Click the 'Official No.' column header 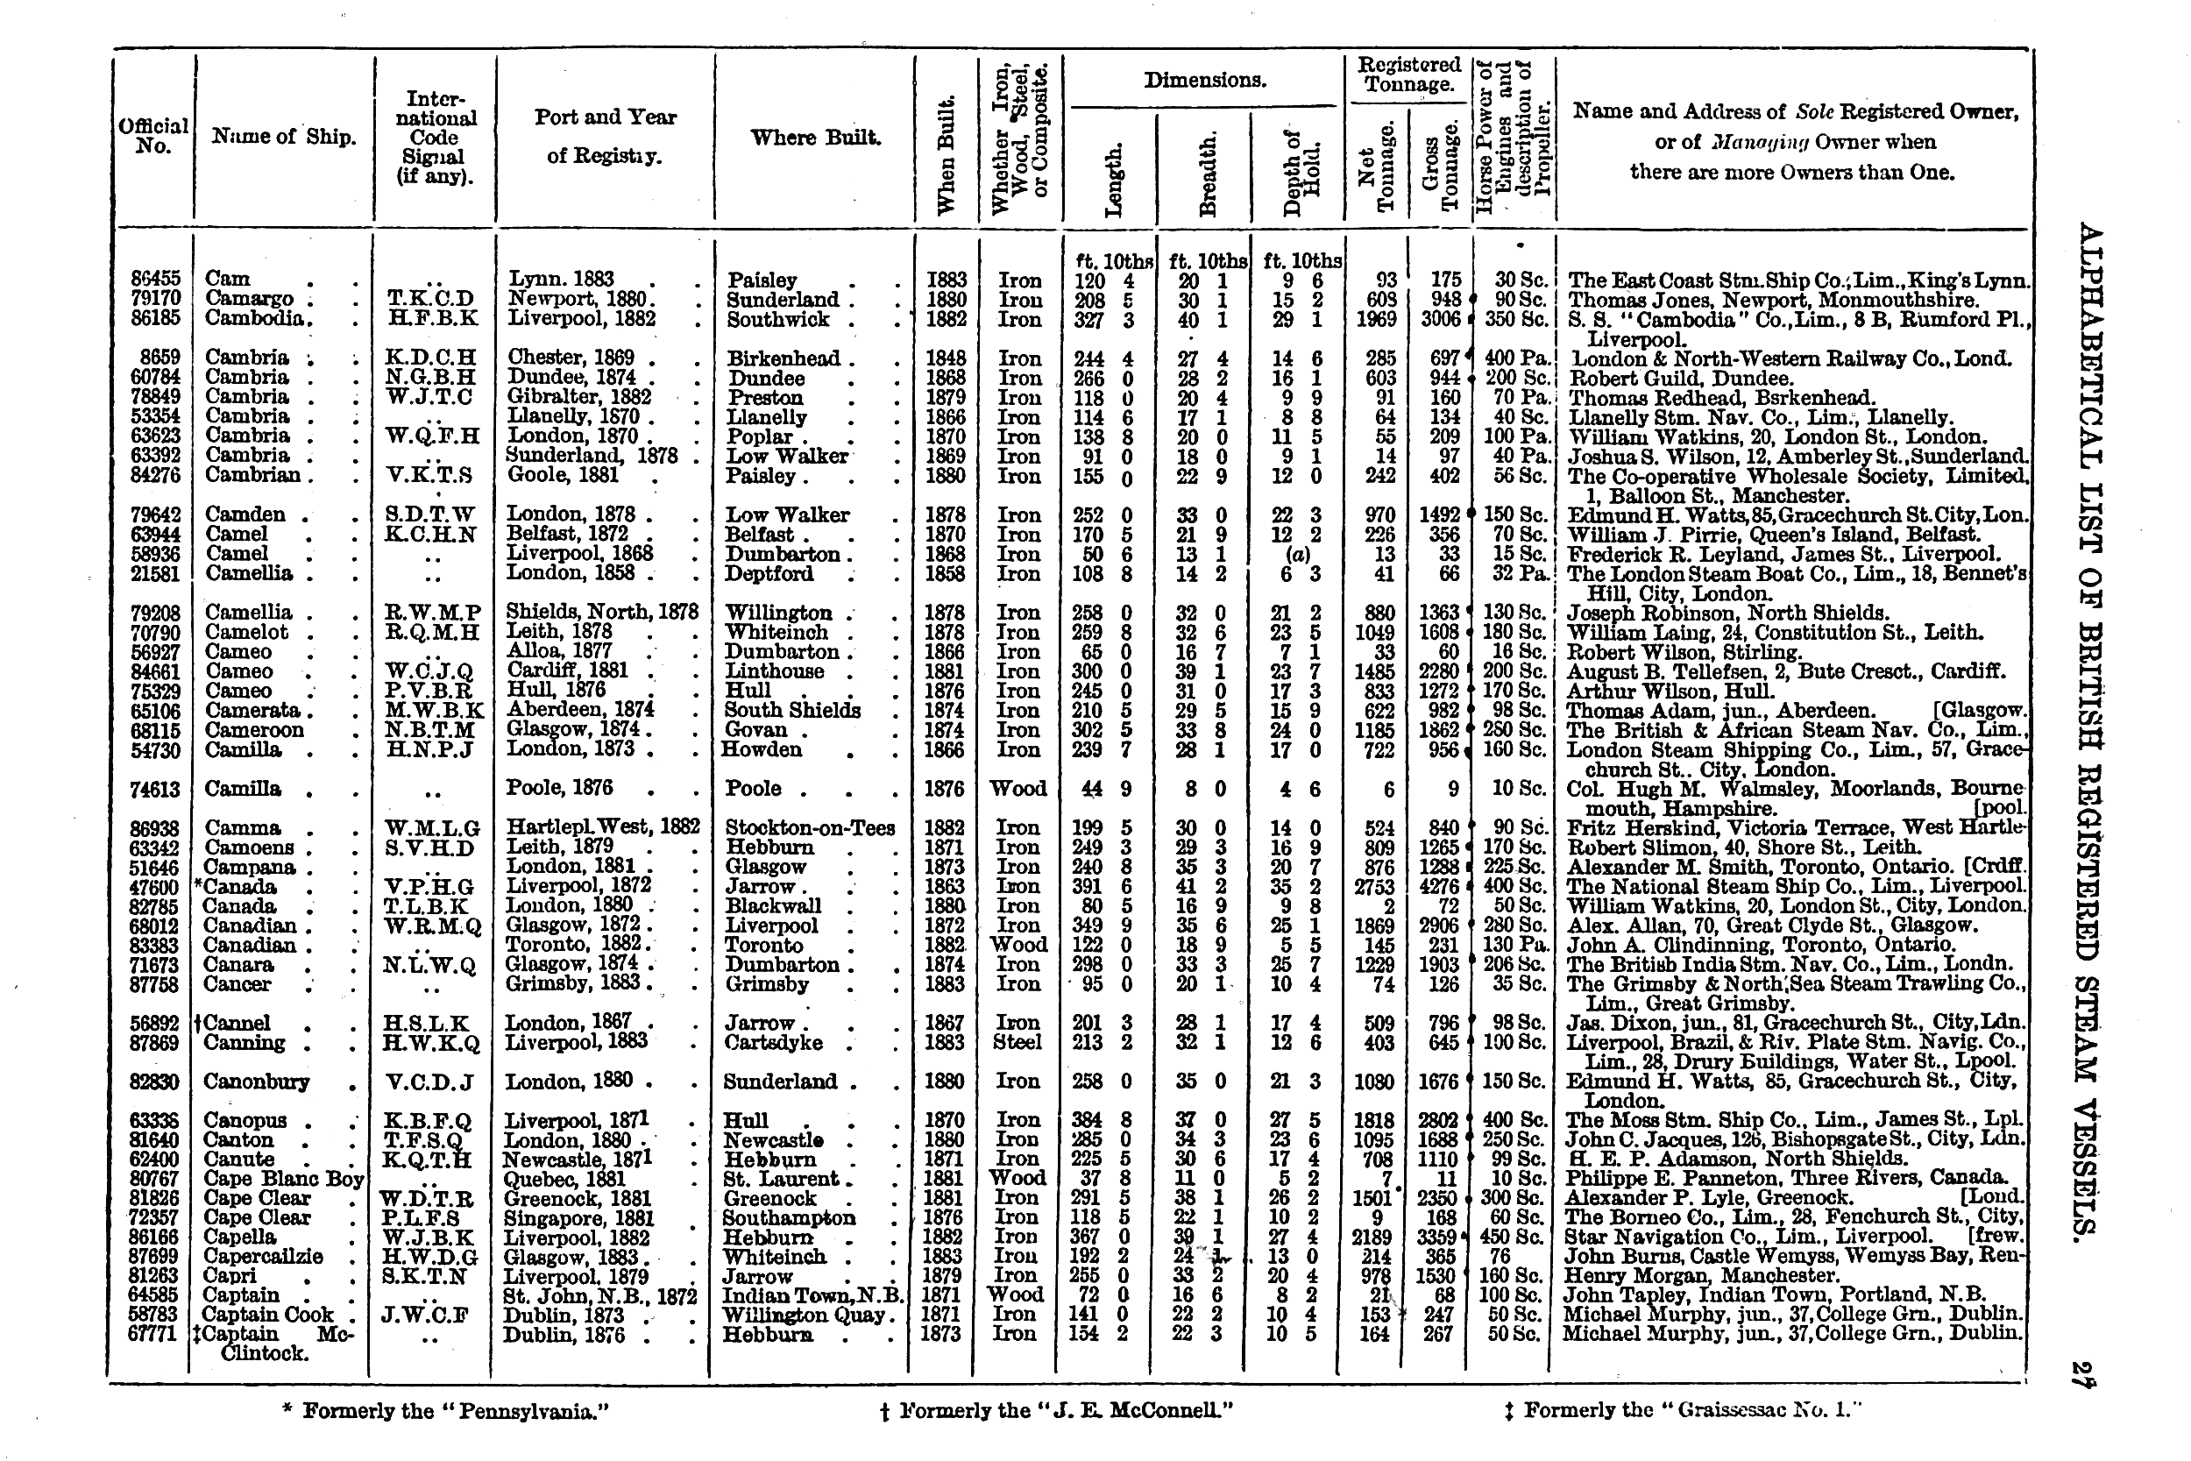point(152,136)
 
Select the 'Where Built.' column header point(815,138)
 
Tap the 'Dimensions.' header point(1204,81)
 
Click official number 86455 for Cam point(156,279)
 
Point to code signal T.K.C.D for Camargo point(430,299)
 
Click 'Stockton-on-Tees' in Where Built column point(809,827)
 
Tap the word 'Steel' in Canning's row point(1018,1042)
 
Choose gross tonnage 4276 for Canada point(1437,886)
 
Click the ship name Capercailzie point(263,1256)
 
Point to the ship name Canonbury point(256,1082)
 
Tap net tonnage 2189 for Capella point(1372,1237)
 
